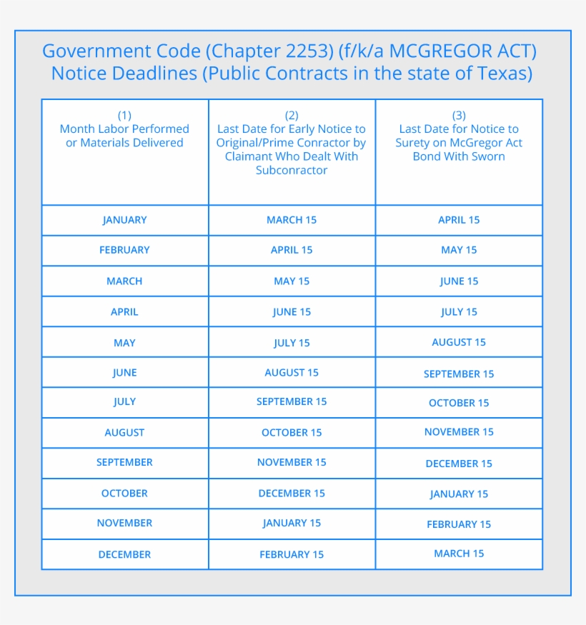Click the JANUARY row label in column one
point(124,220)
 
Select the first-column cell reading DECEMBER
point(124,554)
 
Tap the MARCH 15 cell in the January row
point(292,220)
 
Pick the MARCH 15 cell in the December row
point(459,554)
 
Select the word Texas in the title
point(505,74)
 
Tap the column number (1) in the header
point(124,115)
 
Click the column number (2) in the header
point(292,115)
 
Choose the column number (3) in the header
point(459,115)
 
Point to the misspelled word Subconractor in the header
point(292,170)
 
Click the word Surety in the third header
point(414,143)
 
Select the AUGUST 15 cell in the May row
point(459,342)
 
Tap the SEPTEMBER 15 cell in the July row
point(292,401)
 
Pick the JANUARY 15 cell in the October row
point(459,494)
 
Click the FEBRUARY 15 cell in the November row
point(459,524)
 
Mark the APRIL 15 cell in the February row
point(292,250)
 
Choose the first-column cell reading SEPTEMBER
point(124,462)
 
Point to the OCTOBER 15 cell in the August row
point(292,432)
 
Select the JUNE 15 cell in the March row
point(459,281)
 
